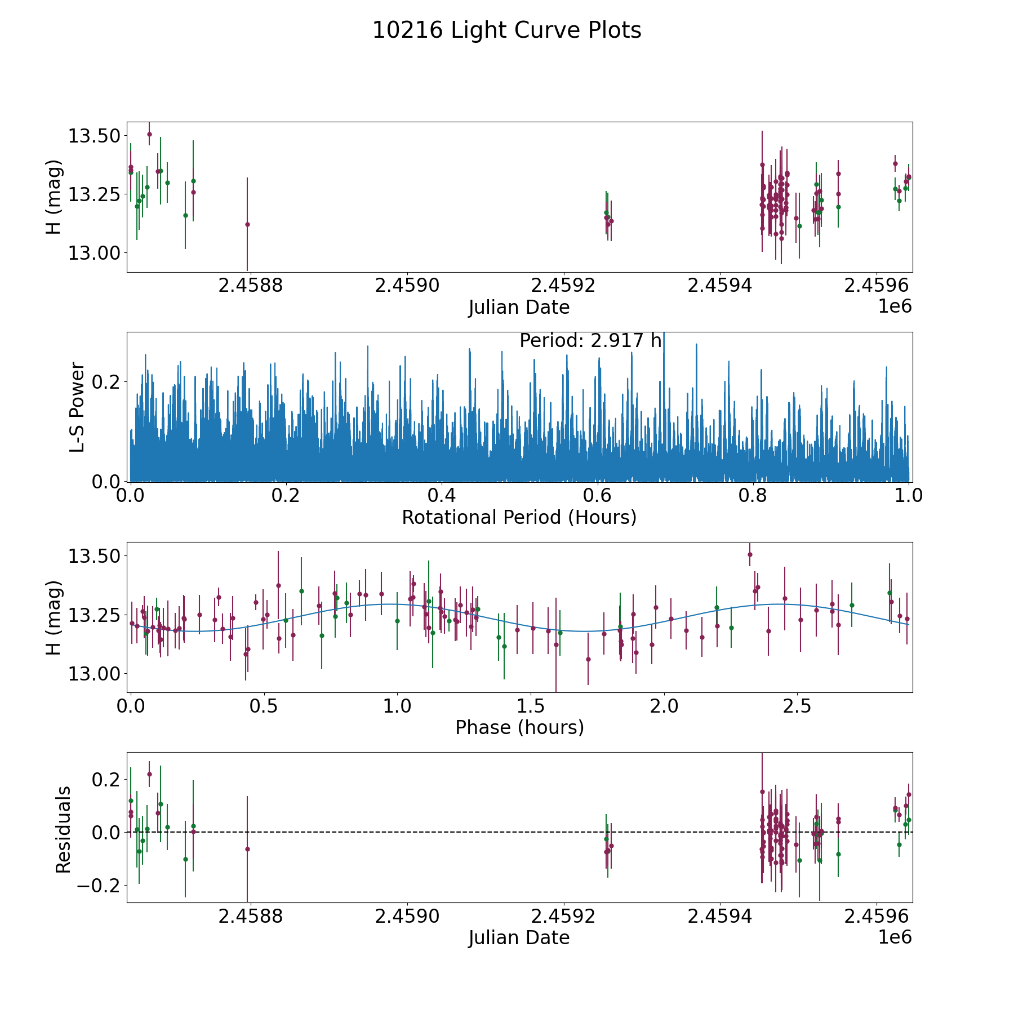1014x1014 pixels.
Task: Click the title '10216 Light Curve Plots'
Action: point(506,30)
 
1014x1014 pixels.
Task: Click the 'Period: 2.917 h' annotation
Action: point(590,341)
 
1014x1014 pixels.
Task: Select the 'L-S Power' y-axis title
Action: point(77,407)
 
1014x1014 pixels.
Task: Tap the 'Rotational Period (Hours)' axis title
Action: point(519,517)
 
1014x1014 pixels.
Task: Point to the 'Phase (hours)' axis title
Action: point(519,727)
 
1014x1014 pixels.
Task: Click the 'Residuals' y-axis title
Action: point(63,829)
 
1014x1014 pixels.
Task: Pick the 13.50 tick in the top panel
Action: point(94,136)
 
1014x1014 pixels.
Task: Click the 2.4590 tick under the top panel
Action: point(407,286)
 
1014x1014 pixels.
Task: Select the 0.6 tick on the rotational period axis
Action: point(597,496)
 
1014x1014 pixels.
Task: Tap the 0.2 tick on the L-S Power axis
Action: point(106,382)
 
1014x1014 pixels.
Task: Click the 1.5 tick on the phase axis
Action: point(531,706)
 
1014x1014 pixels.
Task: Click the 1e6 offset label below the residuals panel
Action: point(895,937)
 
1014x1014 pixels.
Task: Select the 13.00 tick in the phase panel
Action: point(94,674)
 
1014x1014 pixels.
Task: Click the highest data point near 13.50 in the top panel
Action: point(149,134)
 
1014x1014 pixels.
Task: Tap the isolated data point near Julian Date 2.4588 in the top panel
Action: point(247,224)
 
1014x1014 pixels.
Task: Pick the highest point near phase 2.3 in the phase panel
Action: point(750,554)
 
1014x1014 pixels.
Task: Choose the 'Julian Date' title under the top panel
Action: point(519,308)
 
